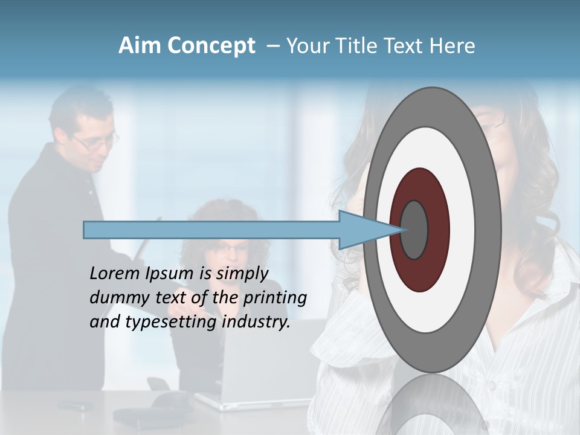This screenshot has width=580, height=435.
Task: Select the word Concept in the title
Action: (211, 46)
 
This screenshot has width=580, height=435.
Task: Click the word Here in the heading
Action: (453, 46)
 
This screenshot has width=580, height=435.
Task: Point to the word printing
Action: (274, 298)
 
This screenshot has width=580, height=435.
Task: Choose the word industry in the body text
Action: (256, 322)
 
